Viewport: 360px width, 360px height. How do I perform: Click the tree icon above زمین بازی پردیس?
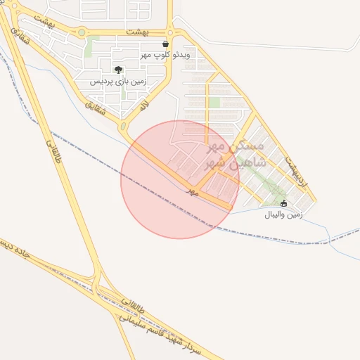point(118,70)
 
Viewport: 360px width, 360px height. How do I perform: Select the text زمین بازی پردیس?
point(117,81)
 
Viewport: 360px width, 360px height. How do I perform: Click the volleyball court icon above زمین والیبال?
point(283,204)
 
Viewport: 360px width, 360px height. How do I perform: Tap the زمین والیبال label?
point(283,214)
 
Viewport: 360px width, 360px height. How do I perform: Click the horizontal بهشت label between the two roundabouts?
point(139,32)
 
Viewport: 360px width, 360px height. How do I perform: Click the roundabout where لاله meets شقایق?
point(124,127)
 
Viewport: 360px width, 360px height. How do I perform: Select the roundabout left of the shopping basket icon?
point(170,32)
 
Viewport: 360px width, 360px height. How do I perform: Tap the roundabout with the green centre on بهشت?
point(82,32)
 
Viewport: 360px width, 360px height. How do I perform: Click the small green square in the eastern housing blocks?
point(214,103)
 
